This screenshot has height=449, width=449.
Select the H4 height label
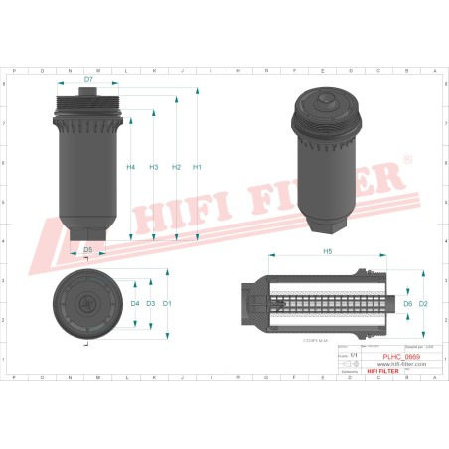point(131,167)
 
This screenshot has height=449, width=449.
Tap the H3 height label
point(153,167)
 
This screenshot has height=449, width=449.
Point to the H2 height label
point(175,167)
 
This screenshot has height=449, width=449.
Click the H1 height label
point(197,167)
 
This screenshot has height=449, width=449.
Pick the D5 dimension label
point(88,249)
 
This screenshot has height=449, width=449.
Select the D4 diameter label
point(135,303)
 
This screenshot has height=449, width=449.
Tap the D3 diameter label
point(151,303)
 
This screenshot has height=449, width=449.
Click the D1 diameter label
point(167,303)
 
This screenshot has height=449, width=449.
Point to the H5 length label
point(327,253)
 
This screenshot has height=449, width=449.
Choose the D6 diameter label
point(407,303)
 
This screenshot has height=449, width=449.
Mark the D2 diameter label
point(423,303)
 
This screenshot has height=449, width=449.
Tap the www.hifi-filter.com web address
point(402,363)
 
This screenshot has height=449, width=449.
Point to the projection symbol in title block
point(346,364)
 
